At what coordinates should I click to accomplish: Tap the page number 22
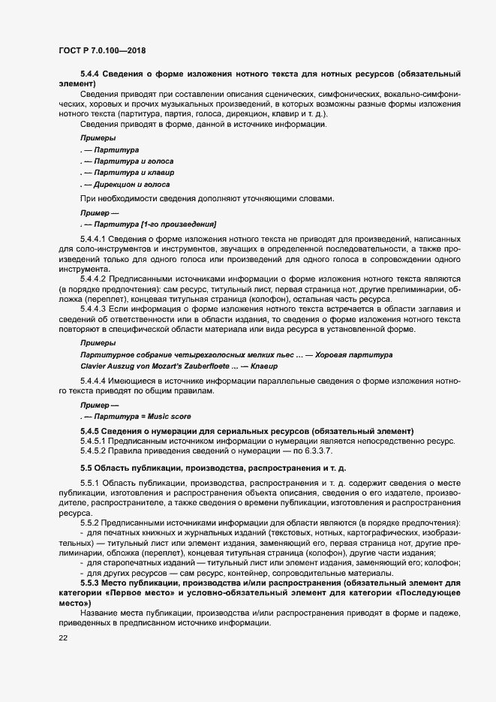point(63,637)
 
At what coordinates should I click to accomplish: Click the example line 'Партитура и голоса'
point(129,161)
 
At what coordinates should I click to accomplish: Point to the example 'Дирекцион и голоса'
point(130,184)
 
